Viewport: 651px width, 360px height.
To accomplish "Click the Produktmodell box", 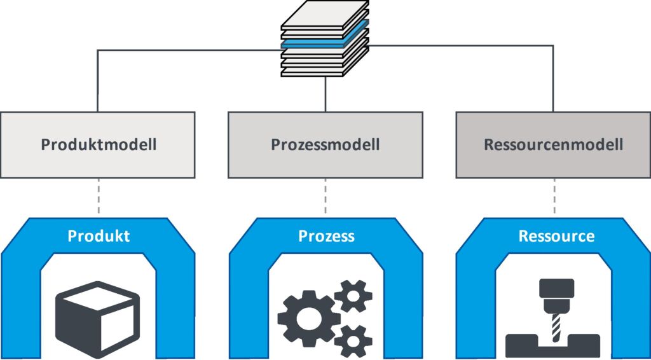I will pos(98,144).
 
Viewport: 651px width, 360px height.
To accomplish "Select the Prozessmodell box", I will pos(325,144).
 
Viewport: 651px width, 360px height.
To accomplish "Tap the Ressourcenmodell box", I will pos(553,144).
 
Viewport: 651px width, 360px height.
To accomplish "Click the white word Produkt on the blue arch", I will pos(99,236).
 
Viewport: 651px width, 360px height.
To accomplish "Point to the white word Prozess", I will pos(326,237).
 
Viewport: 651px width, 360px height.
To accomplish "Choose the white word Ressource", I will pos(556,237).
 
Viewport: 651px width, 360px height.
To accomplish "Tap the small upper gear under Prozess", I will pos(352,296).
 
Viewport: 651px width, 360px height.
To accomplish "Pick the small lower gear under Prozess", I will pos(353,340).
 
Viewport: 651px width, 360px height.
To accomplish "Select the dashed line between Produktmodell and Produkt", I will pos(98,197).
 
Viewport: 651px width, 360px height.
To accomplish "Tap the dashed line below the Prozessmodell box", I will pos(325,197).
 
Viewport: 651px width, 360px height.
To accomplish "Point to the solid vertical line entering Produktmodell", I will pos(98,83).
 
